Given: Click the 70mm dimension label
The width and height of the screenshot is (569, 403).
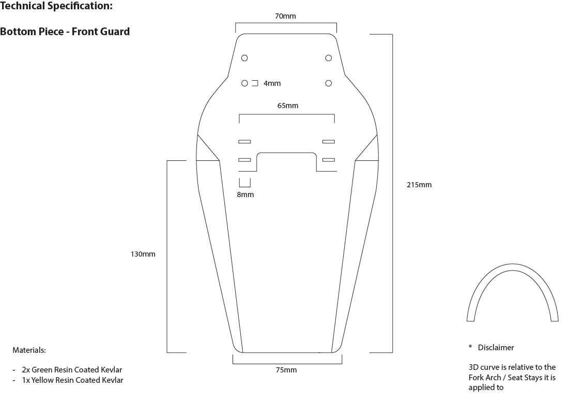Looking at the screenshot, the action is tap(285, 17).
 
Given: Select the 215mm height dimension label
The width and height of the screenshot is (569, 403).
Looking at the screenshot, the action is tap(419, 185).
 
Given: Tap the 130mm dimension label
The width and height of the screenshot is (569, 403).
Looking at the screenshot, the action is tap(143, 254).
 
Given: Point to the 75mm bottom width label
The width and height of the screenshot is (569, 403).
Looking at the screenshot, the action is tap(286, 370).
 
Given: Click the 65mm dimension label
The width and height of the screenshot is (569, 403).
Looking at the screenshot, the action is tap(288, 106).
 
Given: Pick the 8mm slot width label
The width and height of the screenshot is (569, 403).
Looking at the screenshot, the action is tap(245, 195).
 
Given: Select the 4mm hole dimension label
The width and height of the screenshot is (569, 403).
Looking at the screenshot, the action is tap(272, 83).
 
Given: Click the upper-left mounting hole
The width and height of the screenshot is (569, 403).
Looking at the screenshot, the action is tap(245, 57).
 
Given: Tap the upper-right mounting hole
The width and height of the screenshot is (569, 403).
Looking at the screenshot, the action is tap(328, 57).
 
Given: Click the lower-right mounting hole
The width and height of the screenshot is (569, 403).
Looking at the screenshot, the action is tap(328, 83).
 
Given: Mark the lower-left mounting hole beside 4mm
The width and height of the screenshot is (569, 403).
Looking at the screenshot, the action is tap(245, 83).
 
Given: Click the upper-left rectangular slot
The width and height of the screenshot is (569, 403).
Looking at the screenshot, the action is tap(244, 141).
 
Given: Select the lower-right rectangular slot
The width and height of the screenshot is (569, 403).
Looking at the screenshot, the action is tap(328, 160).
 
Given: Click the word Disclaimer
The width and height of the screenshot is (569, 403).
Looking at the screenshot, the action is tap(496, 348).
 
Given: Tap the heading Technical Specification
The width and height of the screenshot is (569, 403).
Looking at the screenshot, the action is tap(56, 7).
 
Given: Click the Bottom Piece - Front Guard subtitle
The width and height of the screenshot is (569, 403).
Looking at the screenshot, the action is tap(65, 32).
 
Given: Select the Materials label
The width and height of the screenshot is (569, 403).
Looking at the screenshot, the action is tap(29, 350).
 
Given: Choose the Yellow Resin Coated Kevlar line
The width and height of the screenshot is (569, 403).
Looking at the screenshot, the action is tap(72, 380).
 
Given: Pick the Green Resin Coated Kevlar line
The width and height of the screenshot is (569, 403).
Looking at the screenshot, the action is tap(72, 370).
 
